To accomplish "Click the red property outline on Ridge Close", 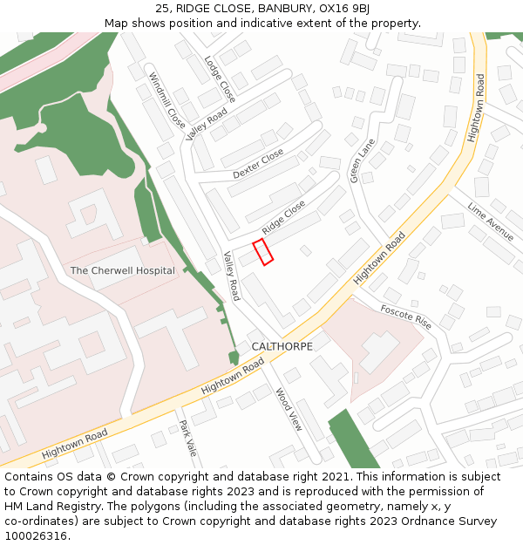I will [262, 251].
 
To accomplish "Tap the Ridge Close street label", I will [284, 216].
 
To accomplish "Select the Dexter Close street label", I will [258, 164].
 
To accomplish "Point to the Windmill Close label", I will [166, 99].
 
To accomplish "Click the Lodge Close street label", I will [220, 79].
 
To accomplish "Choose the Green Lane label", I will [362, 160].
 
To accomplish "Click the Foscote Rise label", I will [405, 316].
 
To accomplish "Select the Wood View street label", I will [289, 410].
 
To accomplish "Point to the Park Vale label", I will [186, 439].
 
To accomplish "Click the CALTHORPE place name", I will [282, 346].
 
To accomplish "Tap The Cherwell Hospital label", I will [123, 270].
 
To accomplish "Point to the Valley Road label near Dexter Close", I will [207, 124].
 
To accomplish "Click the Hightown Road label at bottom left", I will [74, 443].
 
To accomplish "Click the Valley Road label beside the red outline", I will [232, 276].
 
